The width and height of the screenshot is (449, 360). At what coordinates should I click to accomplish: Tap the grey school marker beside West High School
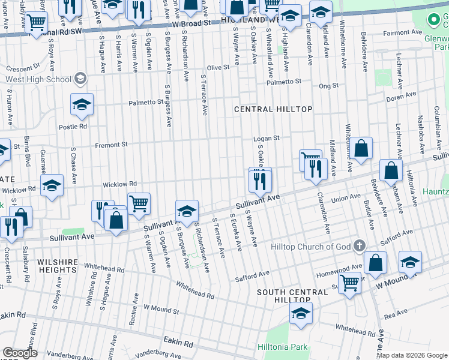79,79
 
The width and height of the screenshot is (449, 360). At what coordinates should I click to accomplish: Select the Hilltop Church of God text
310,247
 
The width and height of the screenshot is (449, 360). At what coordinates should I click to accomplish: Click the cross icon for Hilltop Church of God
359,245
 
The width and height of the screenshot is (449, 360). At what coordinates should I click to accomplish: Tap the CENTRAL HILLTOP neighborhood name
273,109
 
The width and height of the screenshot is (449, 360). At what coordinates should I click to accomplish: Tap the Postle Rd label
73,127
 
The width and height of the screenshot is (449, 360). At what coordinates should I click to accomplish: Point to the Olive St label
218,68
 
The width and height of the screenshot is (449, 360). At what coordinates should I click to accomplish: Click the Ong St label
329,86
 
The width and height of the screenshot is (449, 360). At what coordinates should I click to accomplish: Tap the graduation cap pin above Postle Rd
82,104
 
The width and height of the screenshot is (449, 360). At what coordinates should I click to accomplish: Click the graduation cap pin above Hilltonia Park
301,313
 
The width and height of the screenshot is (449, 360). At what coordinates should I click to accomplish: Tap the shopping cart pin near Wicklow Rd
139,204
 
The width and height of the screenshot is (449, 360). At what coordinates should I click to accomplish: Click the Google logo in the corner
20,353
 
